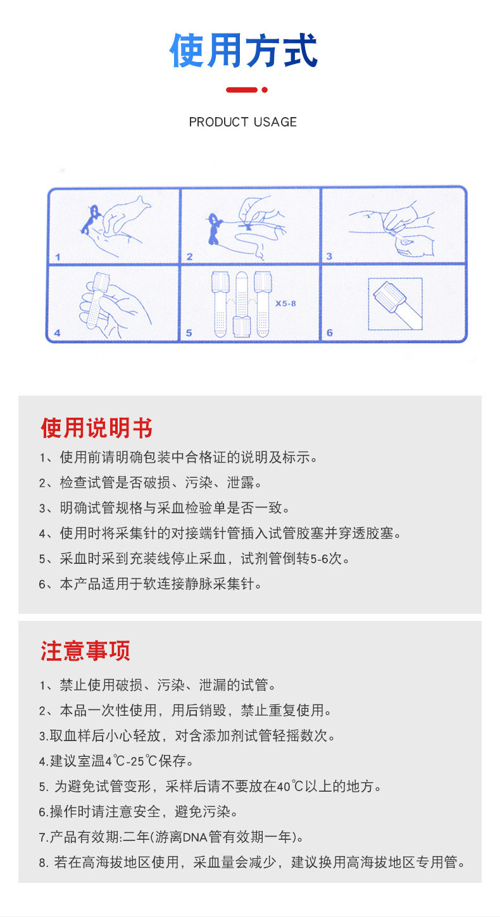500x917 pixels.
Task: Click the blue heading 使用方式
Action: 243,51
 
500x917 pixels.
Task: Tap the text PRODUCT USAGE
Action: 243,122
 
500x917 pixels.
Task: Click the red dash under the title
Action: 242,90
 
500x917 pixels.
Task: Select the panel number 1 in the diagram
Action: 58,257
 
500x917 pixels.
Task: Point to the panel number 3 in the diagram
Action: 329,256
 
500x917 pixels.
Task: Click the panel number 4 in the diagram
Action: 58,333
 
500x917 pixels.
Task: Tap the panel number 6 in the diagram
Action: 329,333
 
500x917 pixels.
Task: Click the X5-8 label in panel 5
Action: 285,304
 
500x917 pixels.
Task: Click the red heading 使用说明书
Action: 96,428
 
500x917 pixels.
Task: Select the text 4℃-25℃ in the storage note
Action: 130,761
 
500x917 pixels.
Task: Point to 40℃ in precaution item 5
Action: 290,787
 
